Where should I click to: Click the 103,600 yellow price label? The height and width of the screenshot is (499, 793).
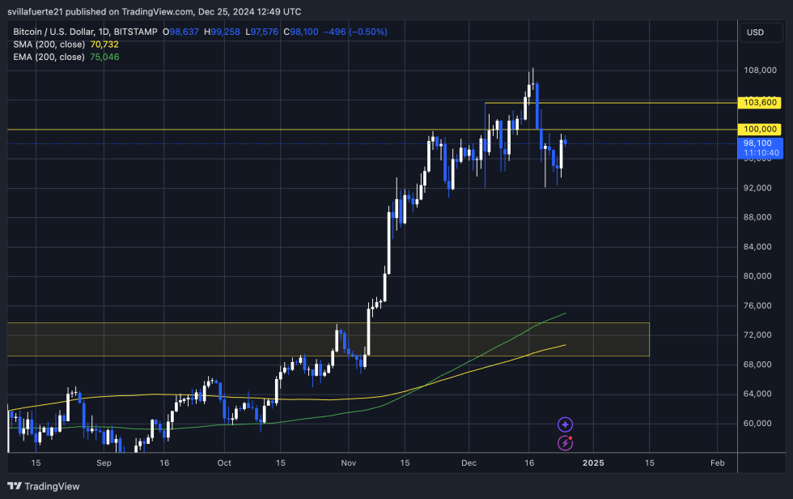click(760, 103)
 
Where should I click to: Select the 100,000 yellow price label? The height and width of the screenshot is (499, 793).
click(760, 130)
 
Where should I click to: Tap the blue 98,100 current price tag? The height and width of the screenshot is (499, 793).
click(760, 143)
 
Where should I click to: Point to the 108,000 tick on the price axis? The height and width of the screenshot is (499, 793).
click(760, 70)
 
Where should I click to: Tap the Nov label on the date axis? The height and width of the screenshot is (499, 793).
click(348, 463)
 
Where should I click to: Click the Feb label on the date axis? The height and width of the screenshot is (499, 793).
click(717, 463)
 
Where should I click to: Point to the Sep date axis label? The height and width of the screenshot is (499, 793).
click(103, 463)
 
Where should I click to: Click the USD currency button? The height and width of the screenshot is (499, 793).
click(755, 32)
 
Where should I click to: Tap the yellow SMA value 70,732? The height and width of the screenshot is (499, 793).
click(103, 45)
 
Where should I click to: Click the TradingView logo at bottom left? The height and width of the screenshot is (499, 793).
click(45, 486)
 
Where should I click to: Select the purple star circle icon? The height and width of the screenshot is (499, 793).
click(566, 424)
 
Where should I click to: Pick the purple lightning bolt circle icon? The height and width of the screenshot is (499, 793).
click(566, 442)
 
